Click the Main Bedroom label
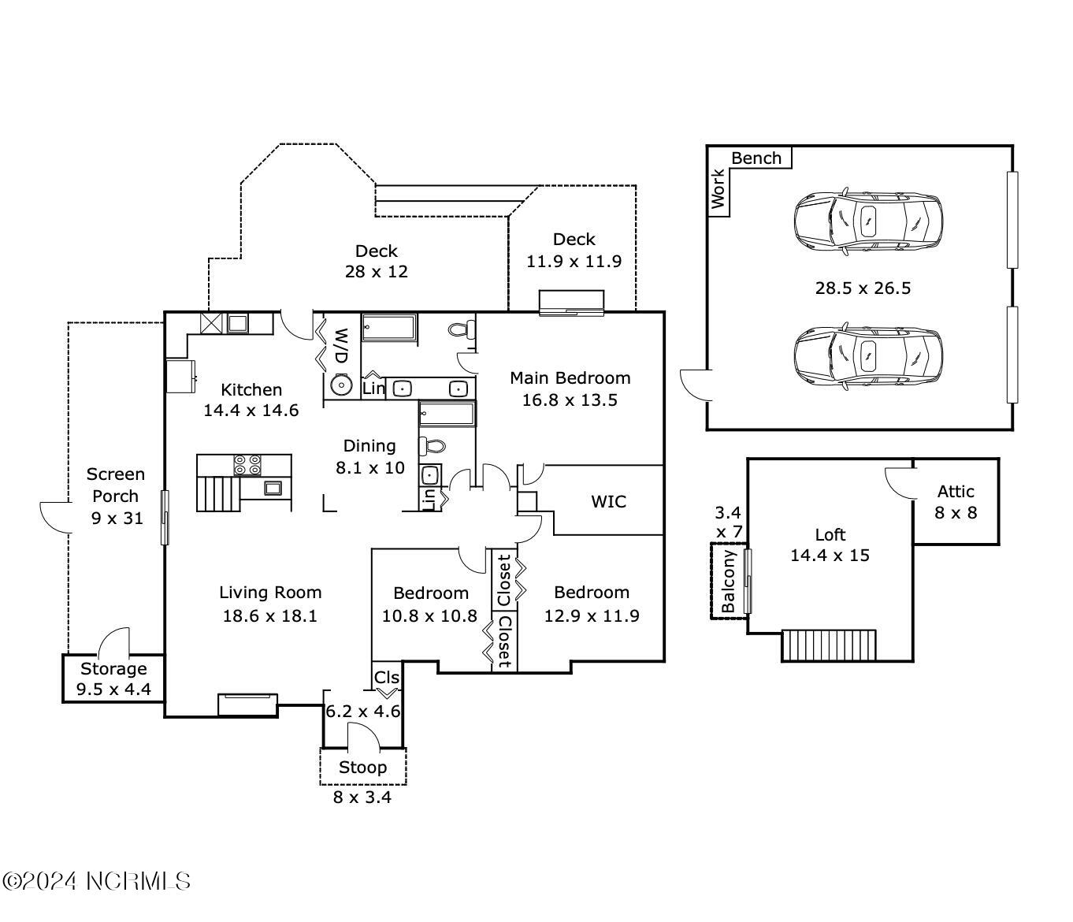click(x=570, y=378)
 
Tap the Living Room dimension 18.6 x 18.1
click(x=270, y=615)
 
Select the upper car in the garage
click(x=868, y=222)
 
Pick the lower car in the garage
click(x=868, y=357)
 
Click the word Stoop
click(x=363, y=767)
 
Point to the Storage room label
click(x=113, y=669)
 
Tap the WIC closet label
click(x=608, y=501)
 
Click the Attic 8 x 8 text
click(x=956, y=502)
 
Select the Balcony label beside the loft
click(x=728, y=582)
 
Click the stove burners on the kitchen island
click(x=247, y=465)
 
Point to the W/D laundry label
click(x=341, y=346)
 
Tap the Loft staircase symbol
click(x=829, y=645)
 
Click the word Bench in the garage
click(x=756, y=158)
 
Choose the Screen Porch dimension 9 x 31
click(x=117, y=518)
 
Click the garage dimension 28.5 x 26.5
click(x=863, y=288)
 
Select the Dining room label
click(x=369, y=446)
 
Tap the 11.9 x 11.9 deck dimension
click(x=574, y=261)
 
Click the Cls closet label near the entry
click(x=387, y=677)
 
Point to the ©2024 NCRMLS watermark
click(x=97, y=881)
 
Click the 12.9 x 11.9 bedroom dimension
click(x=592, y=615)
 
